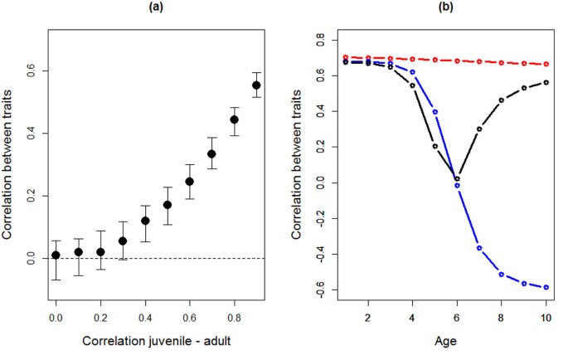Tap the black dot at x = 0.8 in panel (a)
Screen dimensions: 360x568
(x=234, y=119)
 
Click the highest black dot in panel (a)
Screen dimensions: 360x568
(x=256, y=85)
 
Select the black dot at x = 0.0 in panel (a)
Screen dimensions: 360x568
(x=56, y=255)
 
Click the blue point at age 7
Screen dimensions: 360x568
(x=479, y=248)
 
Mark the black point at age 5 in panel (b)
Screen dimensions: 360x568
(x=434, y=146)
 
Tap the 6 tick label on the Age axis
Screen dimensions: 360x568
(x=457, y=318)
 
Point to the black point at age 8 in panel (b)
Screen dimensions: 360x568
(x=502, y=100)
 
